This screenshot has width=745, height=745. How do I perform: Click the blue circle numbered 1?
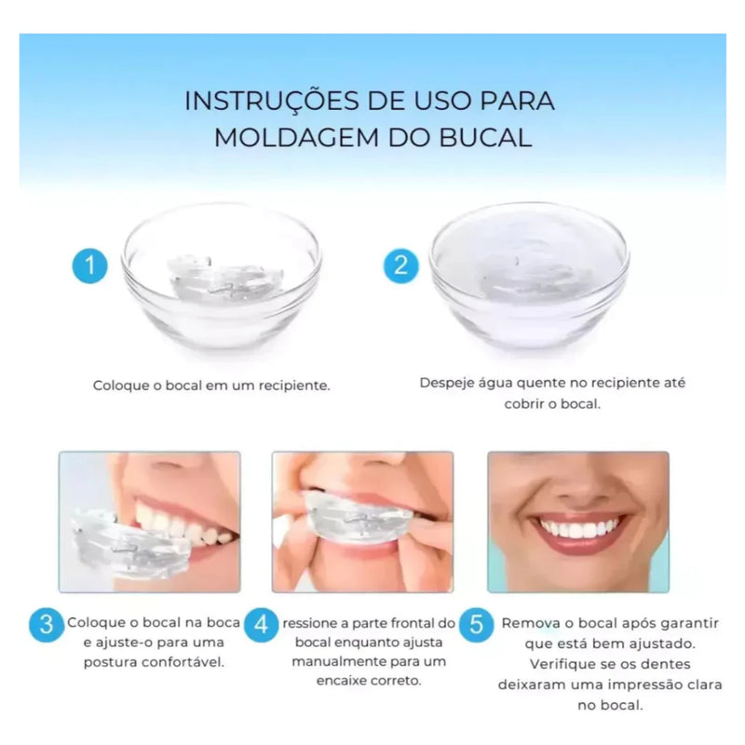(89, 265)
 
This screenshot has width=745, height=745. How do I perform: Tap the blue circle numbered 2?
(400, 265)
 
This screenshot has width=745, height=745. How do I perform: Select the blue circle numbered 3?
(47, 624)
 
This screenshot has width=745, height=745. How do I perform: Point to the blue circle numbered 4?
(262, 625)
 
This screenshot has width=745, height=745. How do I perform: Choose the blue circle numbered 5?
(476, 625)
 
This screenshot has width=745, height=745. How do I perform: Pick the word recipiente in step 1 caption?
(289, 385)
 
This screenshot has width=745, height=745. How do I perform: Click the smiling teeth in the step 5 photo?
(579, 528)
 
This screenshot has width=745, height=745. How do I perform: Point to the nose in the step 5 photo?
(579, 482)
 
